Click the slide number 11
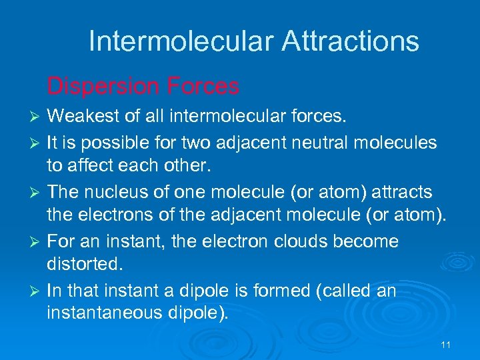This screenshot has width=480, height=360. click(x=446, y=345)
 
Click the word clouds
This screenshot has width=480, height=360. click(x=298, y=241)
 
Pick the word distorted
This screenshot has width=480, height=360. click(x=85, y=265)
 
